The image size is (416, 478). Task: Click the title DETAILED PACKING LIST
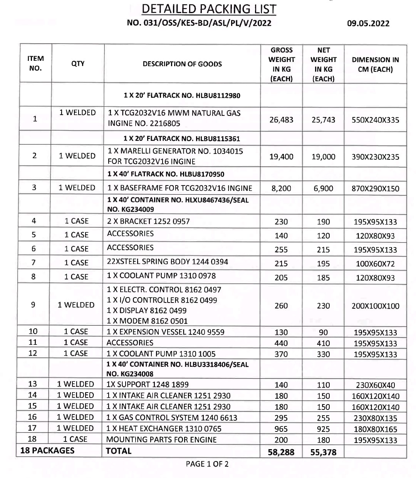click(209, 9)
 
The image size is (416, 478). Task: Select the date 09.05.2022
click(368, 23)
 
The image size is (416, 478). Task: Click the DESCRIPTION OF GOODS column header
click(182, 64)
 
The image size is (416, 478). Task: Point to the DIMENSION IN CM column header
click(375, 65)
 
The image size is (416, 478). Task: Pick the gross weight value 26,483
click(281, 120)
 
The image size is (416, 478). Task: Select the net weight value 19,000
click(323, 157)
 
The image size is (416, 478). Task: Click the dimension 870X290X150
click(375, 189)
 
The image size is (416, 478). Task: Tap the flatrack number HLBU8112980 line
click(182, 95)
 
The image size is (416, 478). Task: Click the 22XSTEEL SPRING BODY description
click(168, 262)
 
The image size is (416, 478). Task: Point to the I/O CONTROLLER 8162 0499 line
click(162, 300)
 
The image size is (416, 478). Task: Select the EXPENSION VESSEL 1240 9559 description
click(166, 332)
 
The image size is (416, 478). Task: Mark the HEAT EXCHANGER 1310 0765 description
click(162, 428)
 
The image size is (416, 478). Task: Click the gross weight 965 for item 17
click(281, 429)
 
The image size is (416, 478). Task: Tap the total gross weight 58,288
click(281, 452)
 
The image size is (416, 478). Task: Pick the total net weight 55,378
click(323, 452)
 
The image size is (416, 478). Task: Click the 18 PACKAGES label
click(47, 450)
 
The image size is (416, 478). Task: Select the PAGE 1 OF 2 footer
click(207, 464)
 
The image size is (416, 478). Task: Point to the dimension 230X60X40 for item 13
click(375, 385)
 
